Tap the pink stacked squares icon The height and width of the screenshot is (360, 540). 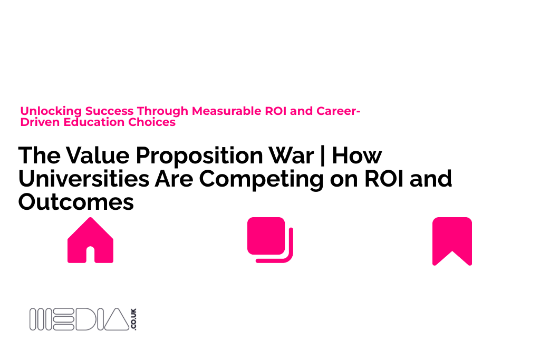coord(269,240)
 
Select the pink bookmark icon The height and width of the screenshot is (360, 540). coord(452,241)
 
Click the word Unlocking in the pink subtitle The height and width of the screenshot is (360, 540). coord(51,111)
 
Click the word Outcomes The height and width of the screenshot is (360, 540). coord(76,202)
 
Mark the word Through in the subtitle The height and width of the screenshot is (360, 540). coord(162,111)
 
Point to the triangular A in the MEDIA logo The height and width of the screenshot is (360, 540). coord(115,319)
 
